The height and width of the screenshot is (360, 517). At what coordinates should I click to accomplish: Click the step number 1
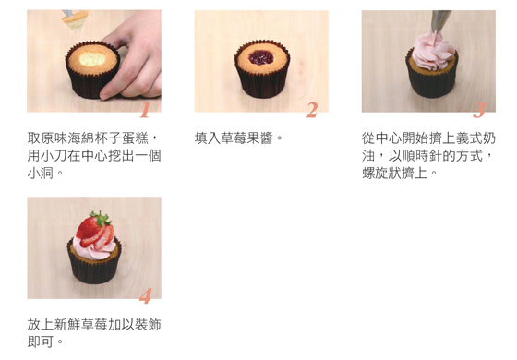point(145,110)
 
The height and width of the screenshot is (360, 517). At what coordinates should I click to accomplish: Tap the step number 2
point(312,110)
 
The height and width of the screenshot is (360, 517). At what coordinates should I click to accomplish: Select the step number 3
point(479,110)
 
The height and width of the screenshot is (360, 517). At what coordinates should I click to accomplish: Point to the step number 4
point(146,295)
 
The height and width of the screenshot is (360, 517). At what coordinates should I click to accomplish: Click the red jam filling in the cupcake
point(261,57)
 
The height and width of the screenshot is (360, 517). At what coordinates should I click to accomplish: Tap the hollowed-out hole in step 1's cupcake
point(92,59)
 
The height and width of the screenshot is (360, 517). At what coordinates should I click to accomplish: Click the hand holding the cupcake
point(135,57)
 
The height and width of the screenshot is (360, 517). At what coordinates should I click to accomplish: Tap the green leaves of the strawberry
point(101,219)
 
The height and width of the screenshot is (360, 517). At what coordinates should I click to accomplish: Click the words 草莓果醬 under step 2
point(247,138)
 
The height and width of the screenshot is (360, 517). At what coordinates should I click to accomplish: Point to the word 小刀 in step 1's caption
point(54,156)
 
